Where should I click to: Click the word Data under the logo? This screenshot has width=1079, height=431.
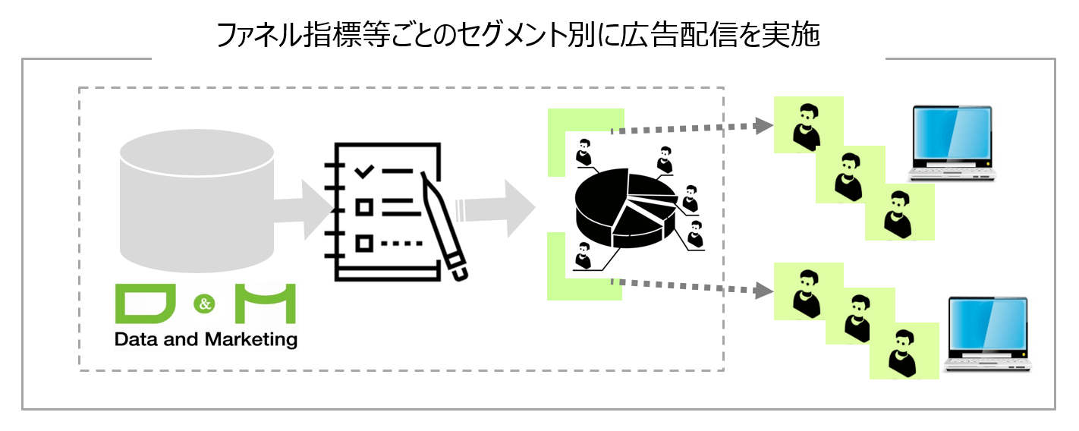134,339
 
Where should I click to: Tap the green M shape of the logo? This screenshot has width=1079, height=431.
265,304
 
